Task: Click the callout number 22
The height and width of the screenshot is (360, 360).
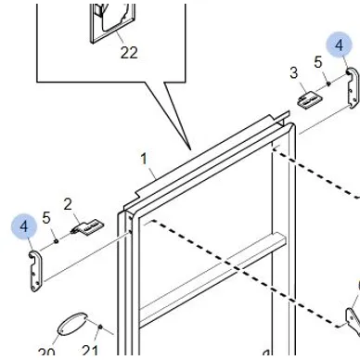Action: tap(129, 53)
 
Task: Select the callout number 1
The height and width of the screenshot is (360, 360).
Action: tap(144, 159)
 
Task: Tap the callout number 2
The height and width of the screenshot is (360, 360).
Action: tap(68, 204)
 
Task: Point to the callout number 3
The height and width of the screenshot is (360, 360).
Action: tap(293, 73)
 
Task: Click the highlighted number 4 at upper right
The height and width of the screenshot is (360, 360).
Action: tap(340, 45)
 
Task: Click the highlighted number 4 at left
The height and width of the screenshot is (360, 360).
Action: tap(24, 226)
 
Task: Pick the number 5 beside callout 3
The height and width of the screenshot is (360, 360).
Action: tap(318, 62)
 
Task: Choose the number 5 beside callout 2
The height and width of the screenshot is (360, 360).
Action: tap(46, 218)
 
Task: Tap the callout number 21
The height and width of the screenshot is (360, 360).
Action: tap(90, 352)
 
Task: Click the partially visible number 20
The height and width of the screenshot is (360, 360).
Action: tap(46, 353)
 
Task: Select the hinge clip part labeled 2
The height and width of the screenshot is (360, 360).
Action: tap(87, 226)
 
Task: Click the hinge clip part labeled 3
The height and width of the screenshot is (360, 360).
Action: tap(310, 99)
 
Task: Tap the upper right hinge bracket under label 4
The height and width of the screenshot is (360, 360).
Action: tap(353, 88)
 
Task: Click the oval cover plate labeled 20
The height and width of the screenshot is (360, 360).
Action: tap(72, 324)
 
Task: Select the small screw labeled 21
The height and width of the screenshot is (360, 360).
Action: tap(100, 327)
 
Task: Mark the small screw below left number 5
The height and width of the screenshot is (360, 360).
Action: tap(56, 241)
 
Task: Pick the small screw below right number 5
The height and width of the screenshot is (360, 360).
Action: tap(328, 83)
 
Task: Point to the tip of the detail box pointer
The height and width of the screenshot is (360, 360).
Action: tap(190, 149)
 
